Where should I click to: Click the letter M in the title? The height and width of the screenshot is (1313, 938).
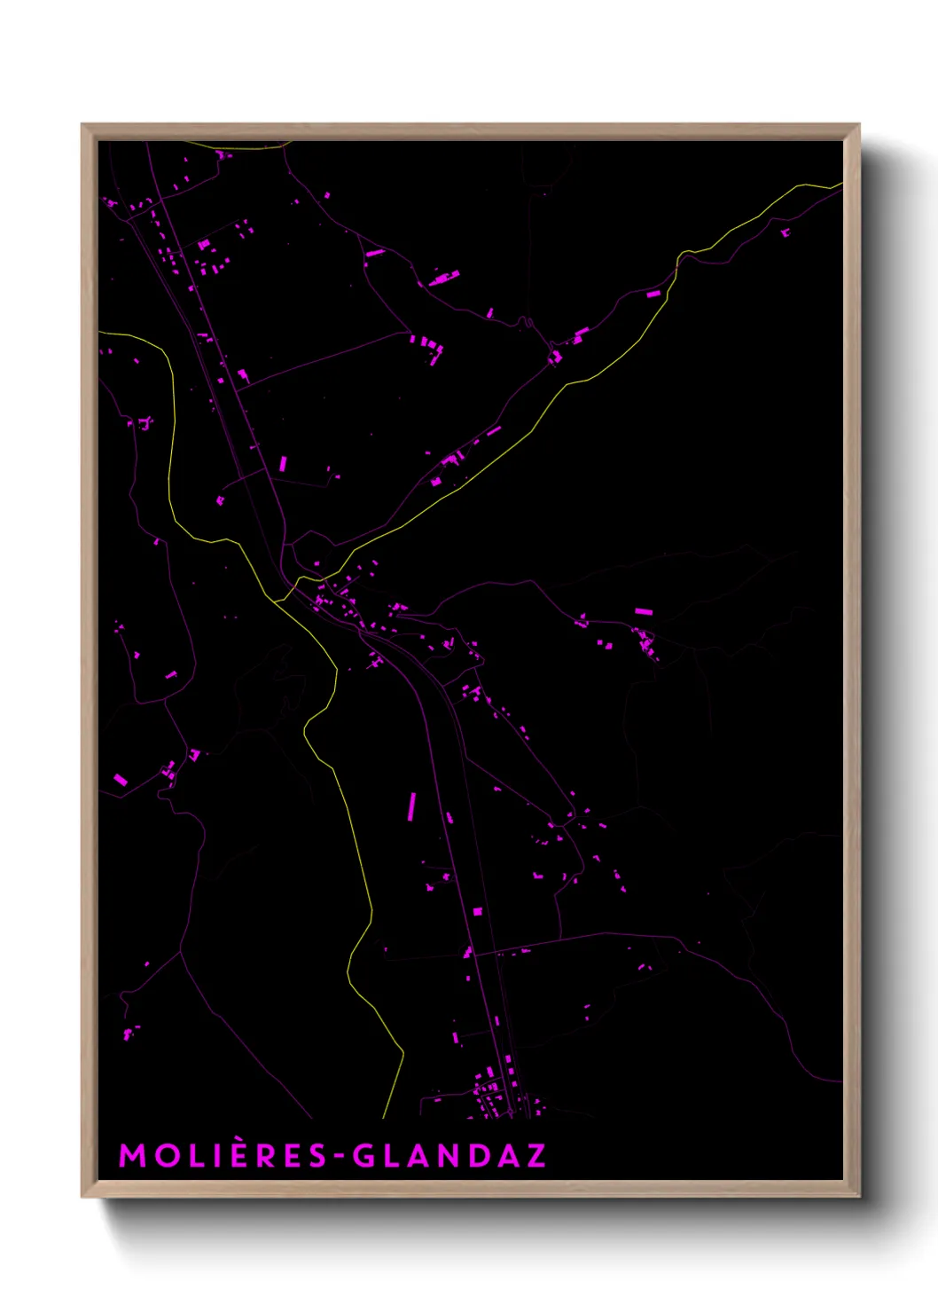(132, 1155)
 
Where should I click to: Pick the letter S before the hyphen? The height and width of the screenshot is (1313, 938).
(317, 1155)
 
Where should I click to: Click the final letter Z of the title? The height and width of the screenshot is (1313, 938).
(535, 1155)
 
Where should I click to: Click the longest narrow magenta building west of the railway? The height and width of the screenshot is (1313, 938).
(411, 806)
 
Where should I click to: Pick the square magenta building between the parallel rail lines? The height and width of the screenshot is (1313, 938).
(477, 911)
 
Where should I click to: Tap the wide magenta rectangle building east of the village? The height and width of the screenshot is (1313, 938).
(644, 611)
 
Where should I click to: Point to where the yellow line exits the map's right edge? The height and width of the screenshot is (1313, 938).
(840, 185)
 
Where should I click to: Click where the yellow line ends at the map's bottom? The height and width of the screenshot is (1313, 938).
(383, 1117)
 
